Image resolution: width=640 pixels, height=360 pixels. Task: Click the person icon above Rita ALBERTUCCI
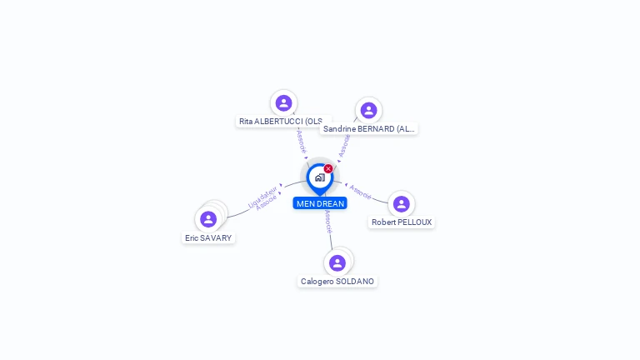click(283, 103)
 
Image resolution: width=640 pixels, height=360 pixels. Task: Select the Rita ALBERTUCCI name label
click(282, 122)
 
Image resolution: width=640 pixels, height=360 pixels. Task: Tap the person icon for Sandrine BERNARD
click(368, 111)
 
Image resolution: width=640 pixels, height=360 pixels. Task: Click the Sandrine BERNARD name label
click(368, 129)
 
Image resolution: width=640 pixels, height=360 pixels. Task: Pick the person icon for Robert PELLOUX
click(401, 204)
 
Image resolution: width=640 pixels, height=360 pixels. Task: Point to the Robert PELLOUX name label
click(402, 222)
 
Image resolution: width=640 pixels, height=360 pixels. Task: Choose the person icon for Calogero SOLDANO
click(337, 263)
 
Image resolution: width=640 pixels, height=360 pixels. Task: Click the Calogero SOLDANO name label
click(337, 282)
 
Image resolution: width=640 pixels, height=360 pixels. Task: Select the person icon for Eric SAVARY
click(208, 219)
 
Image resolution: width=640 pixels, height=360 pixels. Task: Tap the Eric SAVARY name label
click(208, 238)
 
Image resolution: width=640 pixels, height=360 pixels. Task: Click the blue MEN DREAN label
click(320, 203)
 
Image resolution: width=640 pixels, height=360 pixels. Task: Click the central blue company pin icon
click(319, 177)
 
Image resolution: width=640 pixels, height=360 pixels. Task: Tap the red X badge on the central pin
click(328, 168)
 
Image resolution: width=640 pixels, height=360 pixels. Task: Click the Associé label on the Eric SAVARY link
click(267, 203)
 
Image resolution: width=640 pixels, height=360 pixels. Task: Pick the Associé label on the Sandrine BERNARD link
click(345, 145)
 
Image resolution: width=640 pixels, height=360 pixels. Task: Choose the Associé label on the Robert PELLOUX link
click(360, 192)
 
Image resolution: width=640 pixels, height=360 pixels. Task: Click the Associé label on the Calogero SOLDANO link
click(328, 221)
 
